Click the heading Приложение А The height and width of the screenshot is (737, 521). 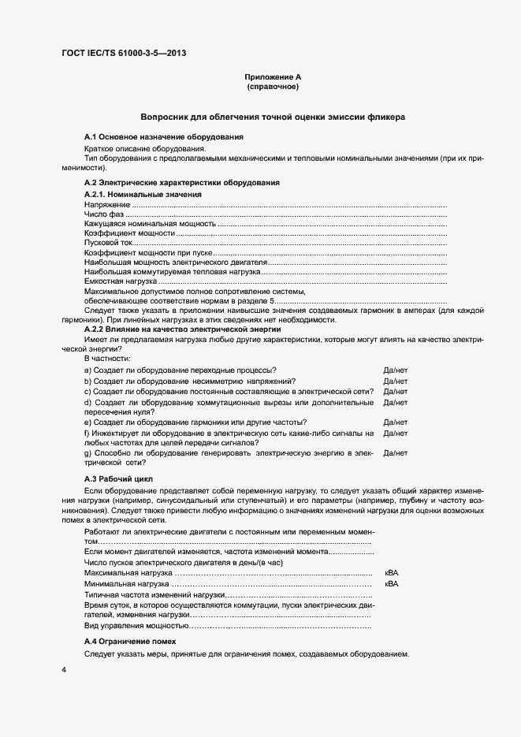(x=274, y=77)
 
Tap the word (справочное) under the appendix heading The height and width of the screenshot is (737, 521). (x=274, y=87)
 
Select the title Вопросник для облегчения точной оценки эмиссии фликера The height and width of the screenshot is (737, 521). (x=273, y=117)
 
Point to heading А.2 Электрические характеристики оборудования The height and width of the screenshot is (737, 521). (x=181, y=183)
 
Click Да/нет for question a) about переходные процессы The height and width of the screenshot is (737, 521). (x=395, y=370)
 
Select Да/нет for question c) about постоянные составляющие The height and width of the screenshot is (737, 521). (x=395, y=391)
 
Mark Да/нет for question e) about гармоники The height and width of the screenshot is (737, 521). (x=395, y=422)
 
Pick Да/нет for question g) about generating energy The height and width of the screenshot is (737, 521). (x=395, y=453)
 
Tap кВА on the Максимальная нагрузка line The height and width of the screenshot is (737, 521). (x=392, y=573)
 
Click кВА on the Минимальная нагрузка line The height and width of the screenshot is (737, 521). (x=392, y=584)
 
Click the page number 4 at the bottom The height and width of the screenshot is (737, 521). (x=64, y=670)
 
